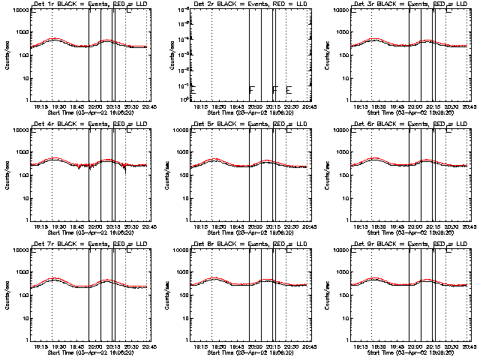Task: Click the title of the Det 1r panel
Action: coord(88,4)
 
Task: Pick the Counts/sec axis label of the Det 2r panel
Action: coord(166,55)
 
